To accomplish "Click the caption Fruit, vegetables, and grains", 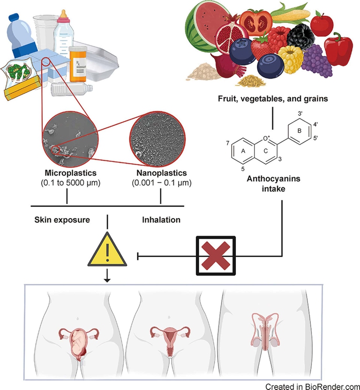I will [x=272, y=99].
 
